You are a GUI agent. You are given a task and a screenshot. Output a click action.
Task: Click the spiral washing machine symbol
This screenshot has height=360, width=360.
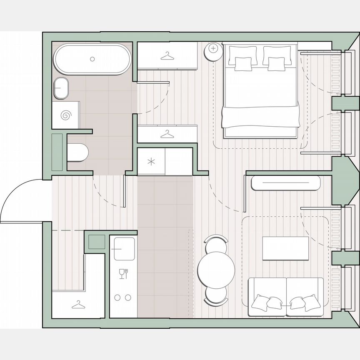coord(66,115)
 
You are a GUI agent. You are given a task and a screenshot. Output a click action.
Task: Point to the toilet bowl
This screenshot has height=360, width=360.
coord(78,152)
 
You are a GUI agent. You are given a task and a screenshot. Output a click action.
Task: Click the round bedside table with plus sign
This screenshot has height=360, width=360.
coord(213,49)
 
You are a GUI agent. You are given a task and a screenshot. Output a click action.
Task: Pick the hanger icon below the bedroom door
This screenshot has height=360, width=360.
coord(167,134)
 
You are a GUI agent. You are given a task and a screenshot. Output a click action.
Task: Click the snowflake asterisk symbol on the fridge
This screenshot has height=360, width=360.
coord(151,162)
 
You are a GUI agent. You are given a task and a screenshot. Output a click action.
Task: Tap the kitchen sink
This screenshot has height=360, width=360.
coord(124,248)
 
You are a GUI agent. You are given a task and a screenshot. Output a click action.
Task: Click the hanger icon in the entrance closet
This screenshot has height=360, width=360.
coord(77,305)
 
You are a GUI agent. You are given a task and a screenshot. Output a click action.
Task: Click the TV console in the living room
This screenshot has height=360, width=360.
coord(286,183)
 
